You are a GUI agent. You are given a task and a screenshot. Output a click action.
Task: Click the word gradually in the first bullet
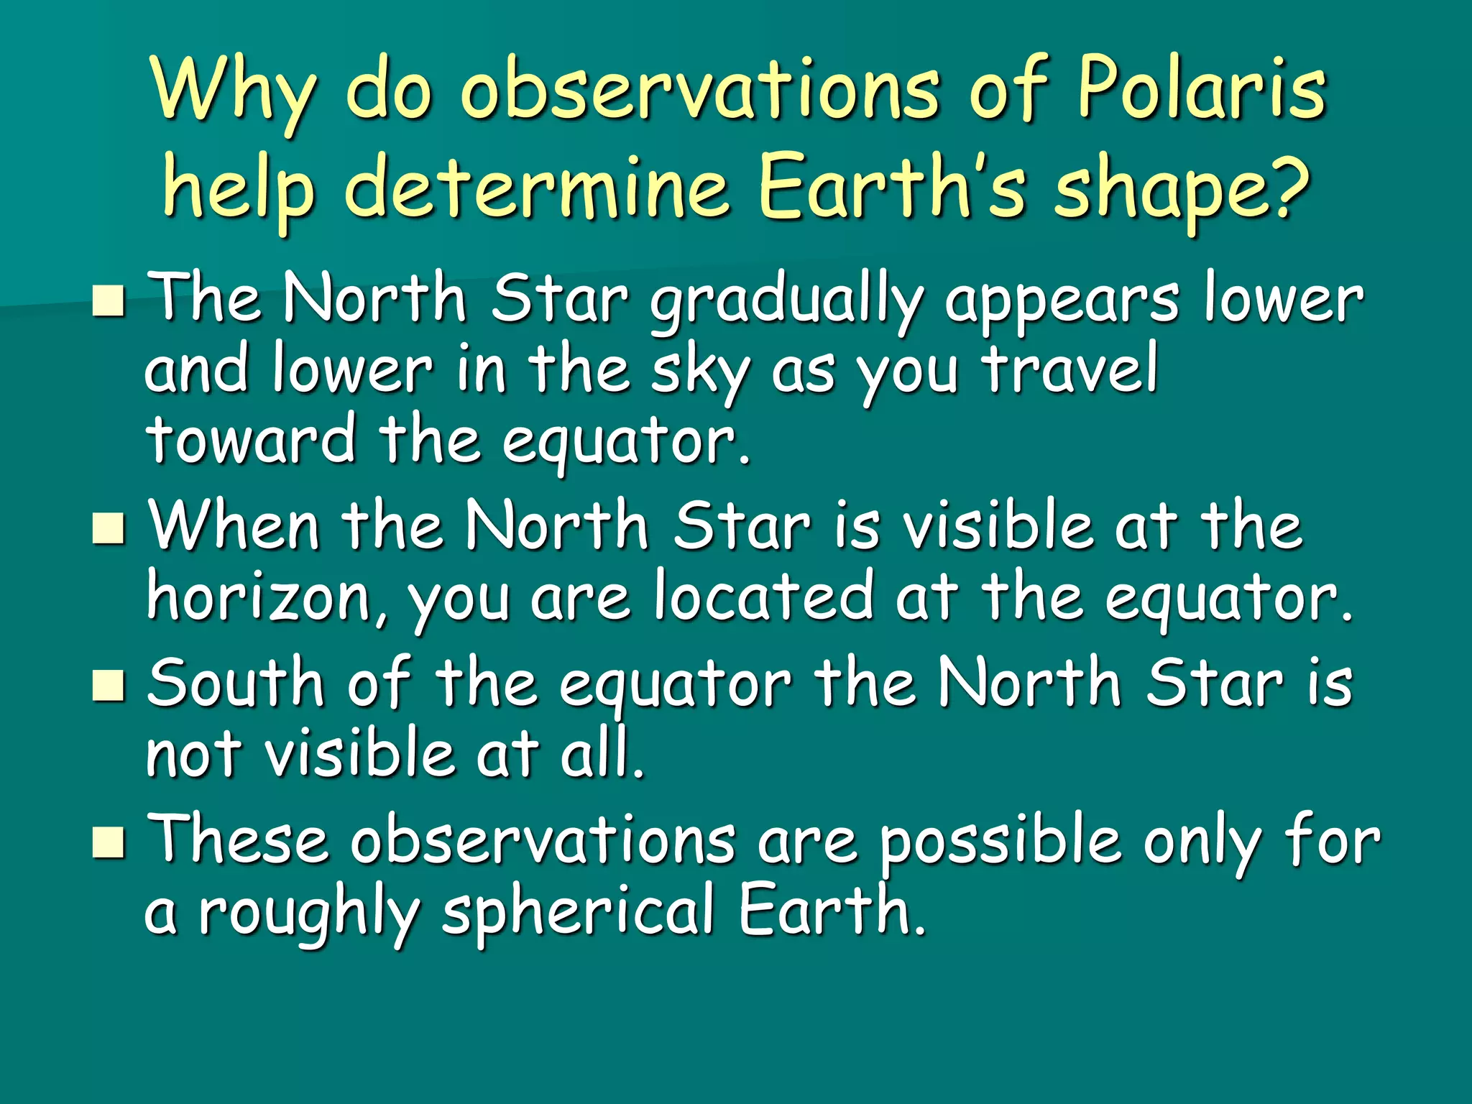(x=786, y=302)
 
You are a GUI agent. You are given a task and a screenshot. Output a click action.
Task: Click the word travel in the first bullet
(x=1071, y=369)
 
